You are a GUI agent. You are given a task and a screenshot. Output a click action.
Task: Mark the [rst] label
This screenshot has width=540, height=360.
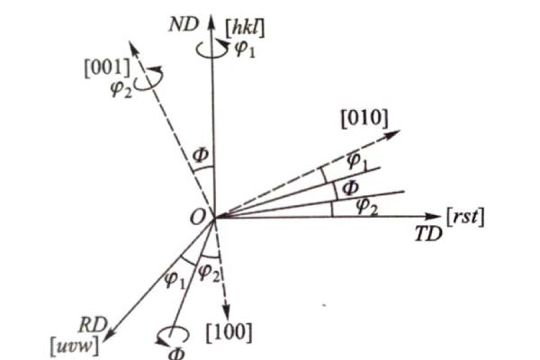(x=464, y=216)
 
